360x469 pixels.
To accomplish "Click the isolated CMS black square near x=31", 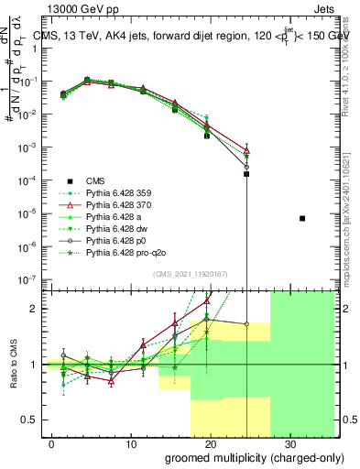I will (x=302, y=218).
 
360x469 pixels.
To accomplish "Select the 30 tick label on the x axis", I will (x=290, y=443).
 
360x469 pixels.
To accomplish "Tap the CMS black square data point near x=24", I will (x=246, y=173).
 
